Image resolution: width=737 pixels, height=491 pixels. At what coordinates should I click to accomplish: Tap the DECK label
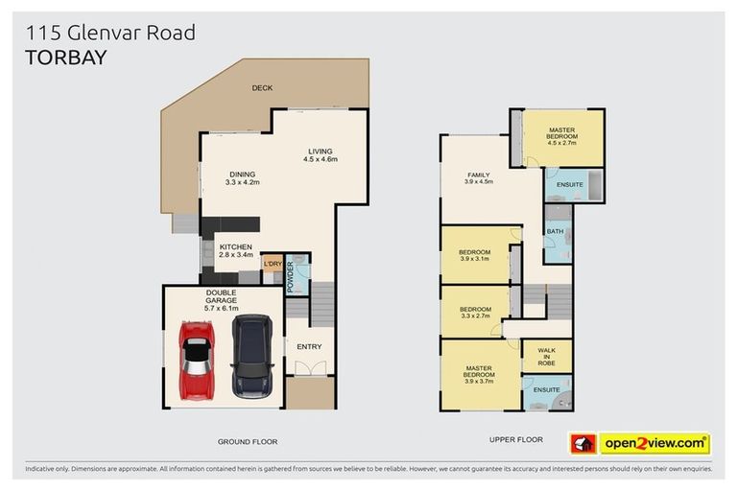262,88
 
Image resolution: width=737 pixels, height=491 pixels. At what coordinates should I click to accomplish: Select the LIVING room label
320,154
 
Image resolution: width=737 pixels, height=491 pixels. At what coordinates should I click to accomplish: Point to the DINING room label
242,177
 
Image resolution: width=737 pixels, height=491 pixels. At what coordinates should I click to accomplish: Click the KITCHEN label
235,251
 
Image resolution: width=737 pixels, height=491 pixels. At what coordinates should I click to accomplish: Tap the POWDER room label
290,271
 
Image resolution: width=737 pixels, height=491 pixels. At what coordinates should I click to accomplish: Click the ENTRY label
309,346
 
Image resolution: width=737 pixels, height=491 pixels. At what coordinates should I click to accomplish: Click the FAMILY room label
478,177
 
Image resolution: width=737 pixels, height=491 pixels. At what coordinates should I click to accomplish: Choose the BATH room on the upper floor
555,232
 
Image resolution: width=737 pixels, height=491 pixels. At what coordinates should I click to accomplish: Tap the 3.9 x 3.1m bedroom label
475,255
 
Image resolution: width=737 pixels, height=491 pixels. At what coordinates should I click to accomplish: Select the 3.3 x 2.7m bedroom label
475,313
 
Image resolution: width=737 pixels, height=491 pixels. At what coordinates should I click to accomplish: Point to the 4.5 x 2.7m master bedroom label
563,137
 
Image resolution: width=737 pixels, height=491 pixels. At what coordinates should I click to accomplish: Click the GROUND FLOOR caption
247,441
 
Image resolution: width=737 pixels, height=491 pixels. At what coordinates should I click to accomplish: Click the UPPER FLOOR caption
515,439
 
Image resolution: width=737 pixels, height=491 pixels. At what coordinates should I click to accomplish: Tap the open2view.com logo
654,443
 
